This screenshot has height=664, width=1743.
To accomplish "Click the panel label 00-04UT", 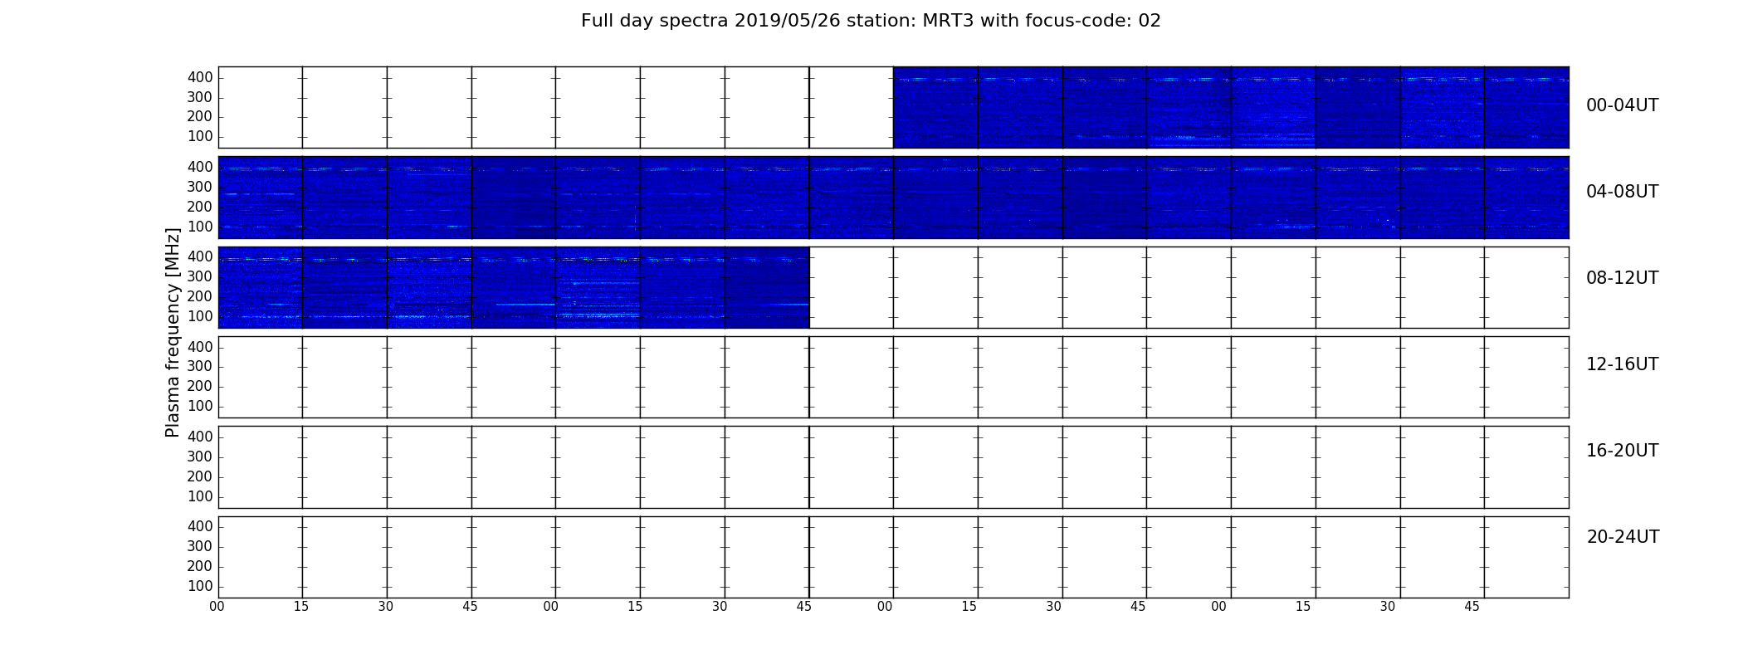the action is pos(1622,105).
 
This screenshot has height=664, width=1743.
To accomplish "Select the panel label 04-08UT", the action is pos(1622,192).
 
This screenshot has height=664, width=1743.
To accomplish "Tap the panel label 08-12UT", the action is pos(1622,278).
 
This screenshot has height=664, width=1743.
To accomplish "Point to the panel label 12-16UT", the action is pos(1622,364).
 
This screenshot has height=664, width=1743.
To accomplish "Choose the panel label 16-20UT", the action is pos(1622,451).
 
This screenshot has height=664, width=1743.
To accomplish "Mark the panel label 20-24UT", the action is pos(1623,537).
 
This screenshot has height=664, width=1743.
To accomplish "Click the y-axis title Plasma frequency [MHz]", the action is pos(173,332).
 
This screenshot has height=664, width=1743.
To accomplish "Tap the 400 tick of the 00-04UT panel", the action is pos(200,77).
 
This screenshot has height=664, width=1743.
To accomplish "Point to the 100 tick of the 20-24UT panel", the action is pos(200,586).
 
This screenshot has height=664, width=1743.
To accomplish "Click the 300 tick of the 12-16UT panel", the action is pos(200,366).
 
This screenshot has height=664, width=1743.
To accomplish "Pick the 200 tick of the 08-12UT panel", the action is pos(200,296).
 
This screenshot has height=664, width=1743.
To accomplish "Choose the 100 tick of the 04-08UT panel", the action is pos(200,227).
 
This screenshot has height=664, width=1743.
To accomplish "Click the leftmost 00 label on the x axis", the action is pos(217,607).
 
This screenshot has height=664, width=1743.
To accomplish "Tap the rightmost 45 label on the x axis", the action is pos(1472,607).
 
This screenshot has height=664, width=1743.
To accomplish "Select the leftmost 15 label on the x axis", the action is pos(301,607).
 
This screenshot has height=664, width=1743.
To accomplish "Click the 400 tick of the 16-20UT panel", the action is pos(200,437).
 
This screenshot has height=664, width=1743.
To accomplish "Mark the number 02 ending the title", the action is pos(1150,21).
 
